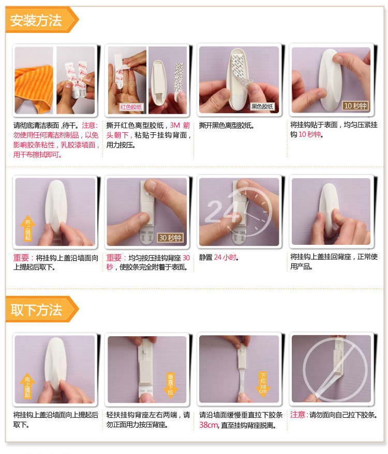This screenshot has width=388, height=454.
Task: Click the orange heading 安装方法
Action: (x=36, y=20)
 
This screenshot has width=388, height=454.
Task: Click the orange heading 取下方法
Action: (x=36, y=309)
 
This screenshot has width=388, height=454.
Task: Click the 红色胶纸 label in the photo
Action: (x=131, y=107)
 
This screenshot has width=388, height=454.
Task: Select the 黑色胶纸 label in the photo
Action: (x=262, y=106)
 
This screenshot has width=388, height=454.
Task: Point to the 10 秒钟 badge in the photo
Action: (x=355, y=106)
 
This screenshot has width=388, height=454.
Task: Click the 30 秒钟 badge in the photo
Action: (x=170, y=238)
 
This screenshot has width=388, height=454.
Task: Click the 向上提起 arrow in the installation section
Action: (x=27, y=228)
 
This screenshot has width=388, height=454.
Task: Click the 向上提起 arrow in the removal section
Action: (x=27, y=386)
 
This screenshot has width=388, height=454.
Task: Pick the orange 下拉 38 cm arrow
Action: (x=263, y=384)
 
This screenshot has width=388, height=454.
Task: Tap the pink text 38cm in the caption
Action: (x=208, y=425)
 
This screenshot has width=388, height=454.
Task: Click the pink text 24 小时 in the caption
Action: (x=225, y=257)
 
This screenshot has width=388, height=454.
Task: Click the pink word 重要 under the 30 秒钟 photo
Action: (x=114, y=257)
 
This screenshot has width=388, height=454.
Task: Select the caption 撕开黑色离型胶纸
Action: (x=226, y=126)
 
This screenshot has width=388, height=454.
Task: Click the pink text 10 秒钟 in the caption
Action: (x=310, y=134)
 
